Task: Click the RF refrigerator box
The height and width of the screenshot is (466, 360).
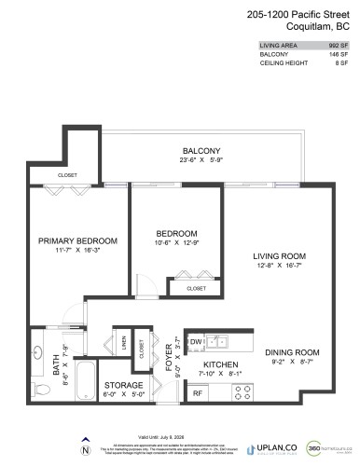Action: click(198, 393)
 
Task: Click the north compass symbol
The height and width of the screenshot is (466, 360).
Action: click(85, 449)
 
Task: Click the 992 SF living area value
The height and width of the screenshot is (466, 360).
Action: click(339, 45)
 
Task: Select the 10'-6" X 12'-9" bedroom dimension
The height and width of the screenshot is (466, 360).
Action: click(175, 243)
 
